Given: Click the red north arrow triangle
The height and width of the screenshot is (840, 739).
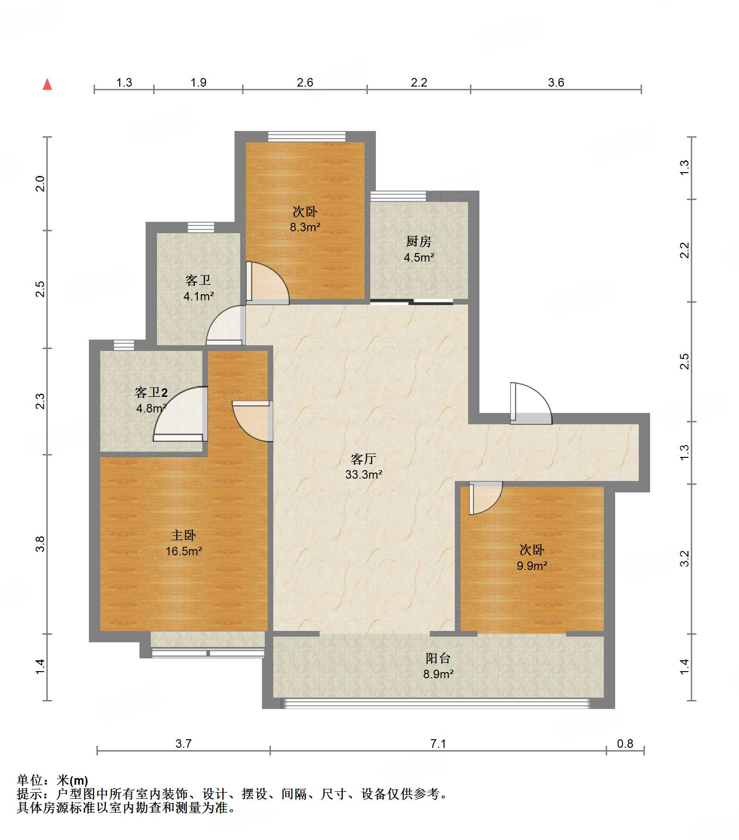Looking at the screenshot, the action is (x=47, y=84).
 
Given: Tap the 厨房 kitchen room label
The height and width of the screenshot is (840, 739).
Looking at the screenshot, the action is (x=419, y=242).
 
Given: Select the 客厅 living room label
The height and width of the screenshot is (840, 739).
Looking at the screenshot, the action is (x=364, y=459).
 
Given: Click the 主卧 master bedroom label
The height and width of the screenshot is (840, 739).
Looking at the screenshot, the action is (x=183, y=535).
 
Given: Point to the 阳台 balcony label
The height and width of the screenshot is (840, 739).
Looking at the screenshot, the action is (x=438, y=658).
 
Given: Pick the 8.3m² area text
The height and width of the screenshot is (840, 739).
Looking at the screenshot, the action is (x=305, y=227).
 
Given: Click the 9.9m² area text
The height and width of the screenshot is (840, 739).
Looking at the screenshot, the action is (x=532, y=566).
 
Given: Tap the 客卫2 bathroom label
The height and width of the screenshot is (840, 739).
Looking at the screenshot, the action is (x=151, y=393).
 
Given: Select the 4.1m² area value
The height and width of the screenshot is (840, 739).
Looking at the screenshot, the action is (x=199, y=297).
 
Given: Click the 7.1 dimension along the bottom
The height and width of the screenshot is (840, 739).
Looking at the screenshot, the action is (x=438, y=744).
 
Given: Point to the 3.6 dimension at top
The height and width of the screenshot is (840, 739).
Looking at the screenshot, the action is (x=556, y=83).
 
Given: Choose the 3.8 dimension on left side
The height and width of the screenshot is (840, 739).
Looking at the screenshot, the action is (x=40, y=544).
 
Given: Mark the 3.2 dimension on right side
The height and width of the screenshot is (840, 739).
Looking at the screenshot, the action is (x=685, y=559).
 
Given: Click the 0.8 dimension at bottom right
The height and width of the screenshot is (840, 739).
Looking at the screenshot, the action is (x=625, y=744).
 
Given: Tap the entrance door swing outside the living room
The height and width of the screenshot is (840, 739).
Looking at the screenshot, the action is (x=531, y=403).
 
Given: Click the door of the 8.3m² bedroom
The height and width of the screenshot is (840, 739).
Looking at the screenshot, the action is (x=267, y=283).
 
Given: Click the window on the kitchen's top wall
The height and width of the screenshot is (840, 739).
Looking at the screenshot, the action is (x=398, y=196).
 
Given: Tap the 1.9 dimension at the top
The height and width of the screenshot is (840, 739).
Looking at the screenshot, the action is (x=199, y=83).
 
